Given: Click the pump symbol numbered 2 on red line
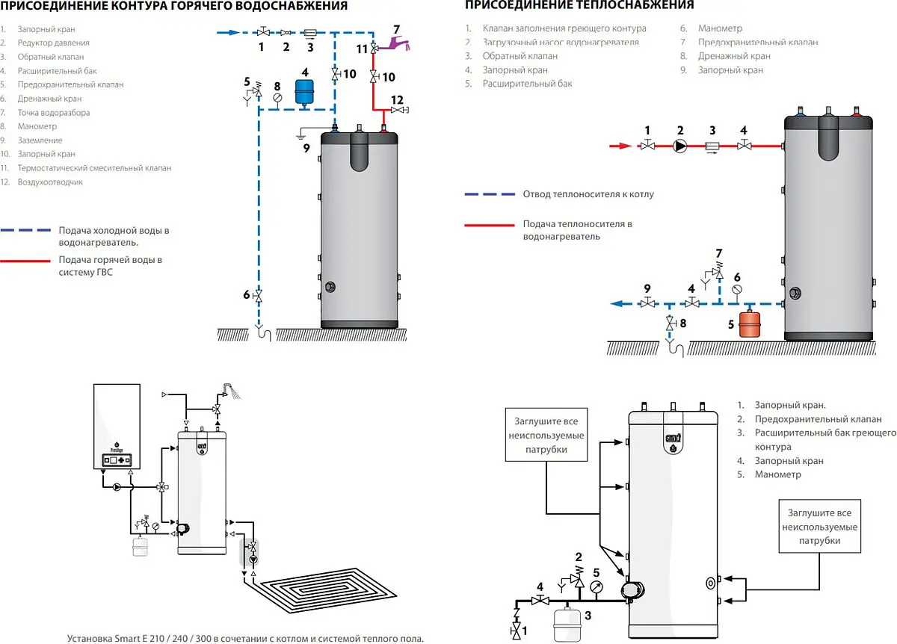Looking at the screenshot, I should coord(680,146).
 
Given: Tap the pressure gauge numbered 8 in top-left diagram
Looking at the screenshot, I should coord(277,97).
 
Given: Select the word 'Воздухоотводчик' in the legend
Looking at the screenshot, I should coord(50,182).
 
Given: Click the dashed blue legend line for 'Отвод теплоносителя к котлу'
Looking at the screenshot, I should coord(490,194).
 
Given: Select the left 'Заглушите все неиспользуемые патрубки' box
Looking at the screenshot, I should coord(546,436).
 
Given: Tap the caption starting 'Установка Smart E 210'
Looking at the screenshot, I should coord(245,638).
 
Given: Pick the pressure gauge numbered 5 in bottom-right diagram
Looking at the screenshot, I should coord(596,587).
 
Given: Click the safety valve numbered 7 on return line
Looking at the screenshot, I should coord(718,272).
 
